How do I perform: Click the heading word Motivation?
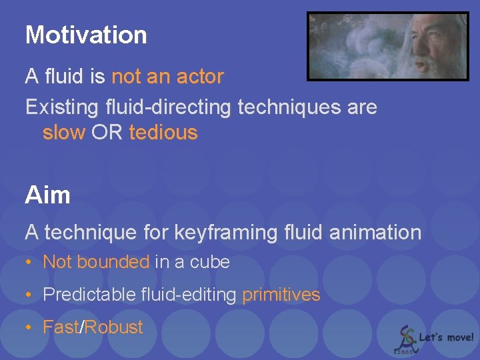click(86, 35)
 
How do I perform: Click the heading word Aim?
click(47, 195)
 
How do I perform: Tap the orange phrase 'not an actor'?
click(167, 77)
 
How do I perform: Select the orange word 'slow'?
click(64, 133)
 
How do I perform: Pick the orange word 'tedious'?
click(163, 133)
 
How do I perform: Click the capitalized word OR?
click(107, 133)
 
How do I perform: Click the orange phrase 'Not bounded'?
click(95, 262)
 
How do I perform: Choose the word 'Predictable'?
click(89, 295)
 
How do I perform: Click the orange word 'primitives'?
click(281, 295)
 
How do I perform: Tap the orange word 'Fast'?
click(60, 327)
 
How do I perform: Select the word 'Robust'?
click(113, 327)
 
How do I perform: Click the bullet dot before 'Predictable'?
click(29, 295)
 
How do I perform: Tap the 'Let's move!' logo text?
click(446, 337)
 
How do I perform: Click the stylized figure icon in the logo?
click(405, 337)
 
